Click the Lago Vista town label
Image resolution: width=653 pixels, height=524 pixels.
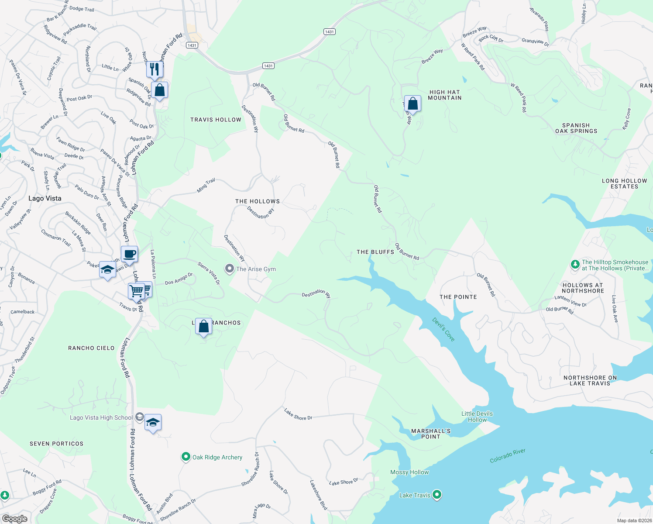(x=45, y=198)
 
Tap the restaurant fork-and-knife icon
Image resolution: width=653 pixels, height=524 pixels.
(x=155, y=69)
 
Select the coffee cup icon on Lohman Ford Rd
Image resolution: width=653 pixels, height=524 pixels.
(x=130, y=254)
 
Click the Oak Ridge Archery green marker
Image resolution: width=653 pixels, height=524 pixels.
(x=186, y=457)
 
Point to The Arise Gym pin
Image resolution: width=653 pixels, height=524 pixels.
(x=230, y=269)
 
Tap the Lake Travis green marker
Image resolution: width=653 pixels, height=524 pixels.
(x=437, y=495)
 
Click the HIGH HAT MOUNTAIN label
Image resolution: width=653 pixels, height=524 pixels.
(x=444, y=95)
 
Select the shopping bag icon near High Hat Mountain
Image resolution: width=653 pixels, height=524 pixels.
(x=412, y=104)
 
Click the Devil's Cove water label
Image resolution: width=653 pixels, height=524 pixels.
(x=443, y=329)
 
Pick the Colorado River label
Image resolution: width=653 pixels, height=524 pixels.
(x=507, y=456)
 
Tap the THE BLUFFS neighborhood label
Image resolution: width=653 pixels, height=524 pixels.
(x=375, y=252)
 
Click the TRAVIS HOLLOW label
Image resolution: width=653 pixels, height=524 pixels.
(x=216, y=120)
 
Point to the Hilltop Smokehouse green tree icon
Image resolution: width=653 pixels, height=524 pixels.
(x=575, y=264)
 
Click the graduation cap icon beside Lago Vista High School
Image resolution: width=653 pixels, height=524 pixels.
(x=153, y=422)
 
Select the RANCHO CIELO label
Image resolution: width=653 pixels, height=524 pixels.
(x=91, y=348)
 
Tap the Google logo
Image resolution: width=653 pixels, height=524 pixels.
(x=14, y=519)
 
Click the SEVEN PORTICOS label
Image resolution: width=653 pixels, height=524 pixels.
(x=56, y=444)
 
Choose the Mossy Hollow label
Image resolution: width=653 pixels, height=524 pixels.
(x=409, y=472)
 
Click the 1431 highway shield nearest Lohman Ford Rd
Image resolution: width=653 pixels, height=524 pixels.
(x=192, y=45)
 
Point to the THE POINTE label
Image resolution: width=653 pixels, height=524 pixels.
(x=458, y=297)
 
